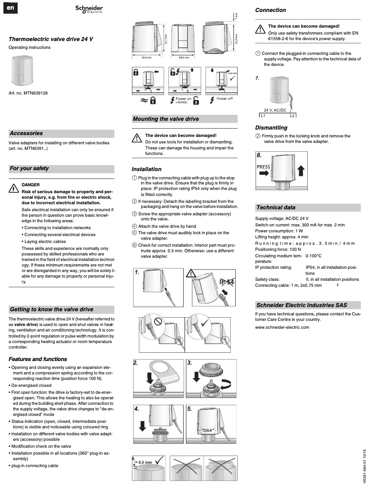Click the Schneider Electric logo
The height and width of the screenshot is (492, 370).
89,10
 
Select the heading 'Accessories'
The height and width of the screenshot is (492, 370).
26,133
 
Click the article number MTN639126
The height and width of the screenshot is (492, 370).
28,93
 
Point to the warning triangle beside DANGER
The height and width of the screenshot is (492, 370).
13,188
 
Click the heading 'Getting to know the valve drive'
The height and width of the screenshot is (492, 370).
52,309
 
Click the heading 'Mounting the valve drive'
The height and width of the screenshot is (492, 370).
166,119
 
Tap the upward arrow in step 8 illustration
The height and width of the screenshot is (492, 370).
301,171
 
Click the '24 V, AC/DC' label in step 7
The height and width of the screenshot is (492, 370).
275,110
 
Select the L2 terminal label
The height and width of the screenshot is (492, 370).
292,115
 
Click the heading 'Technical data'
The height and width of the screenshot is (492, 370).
276,207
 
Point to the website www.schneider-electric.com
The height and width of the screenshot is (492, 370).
282,327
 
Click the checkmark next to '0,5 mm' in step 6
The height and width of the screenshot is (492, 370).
160,460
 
